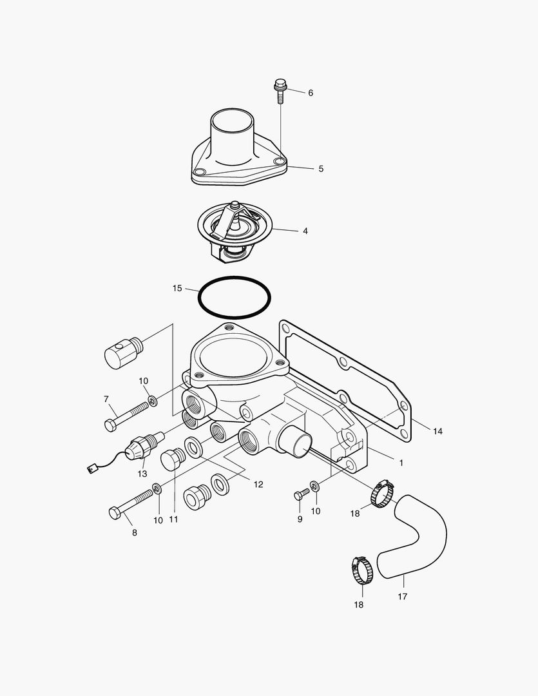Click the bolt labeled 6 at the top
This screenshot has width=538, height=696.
[x=280, y=91]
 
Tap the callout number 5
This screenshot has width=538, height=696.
[x=321, y=169]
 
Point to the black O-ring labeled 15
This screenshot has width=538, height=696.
[x=235, y=297]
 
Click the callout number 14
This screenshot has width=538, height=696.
[x=437, y=431]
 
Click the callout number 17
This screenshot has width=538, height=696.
[x=402, y=597]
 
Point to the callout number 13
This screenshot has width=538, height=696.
[x=142, y=474]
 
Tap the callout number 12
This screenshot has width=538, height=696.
[x=258, y=485]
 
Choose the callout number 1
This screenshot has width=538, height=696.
[x=401, y=463]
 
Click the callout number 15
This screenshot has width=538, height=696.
[x=177, y=288]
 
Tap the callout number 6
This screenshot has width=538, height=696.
[x=311, y=93]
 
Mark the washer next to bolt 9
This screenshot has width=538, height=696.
[x=314, y=485]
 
